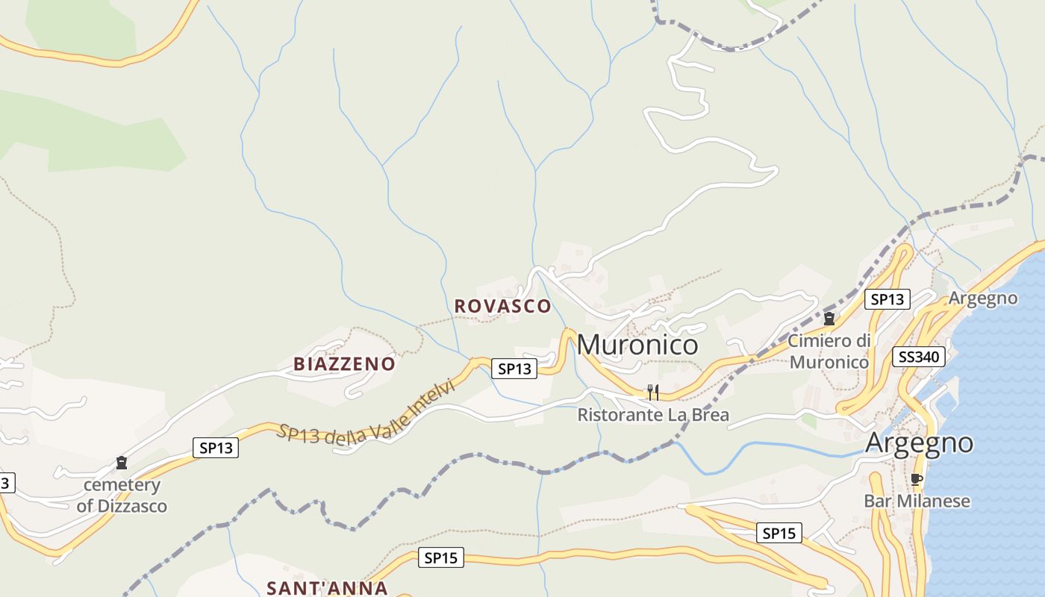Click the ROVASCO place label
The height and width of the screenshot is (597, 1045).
click(x=502, y=306)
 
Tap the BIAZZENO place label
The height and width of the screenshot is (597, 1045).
click(x=344, y=364)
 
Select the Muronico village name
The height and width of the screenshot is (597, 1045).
click(x=637, y=345)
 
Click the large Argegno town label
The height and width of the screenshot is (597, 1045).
click(x=919, y=443)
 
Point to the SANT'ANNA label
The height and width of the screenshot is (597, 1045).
click(x=328, y=588)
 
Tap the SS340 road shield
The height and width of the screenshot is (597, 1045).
click(x=918, y=357)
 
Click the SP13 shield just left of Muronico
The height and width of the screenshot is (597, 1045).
click(x=514, y=368)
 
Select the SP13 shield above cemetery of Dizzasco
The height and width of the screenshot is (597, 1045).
click(x=216, y=448)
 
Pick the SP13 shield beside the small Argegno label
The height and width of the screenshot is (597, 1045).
click(x=887, y=299)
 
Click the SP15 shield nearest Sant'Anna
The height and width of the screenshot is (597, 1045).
click(x=440, y=557)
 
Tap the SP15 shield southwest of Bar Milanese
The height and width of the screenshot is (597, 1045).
click(x=779, y=533)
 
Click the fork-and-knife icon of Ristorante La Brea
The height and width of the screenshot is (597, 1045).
click(x=653, y=392)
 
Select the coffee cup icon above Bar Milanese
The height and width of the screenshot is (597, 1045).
click(x=917, y=479)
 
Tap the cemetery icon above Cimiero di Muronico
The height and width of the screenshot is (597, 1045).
click(x=829, y=319)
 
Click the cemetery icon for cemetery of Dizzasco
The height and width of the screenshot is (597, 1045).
click(x=122, y=463)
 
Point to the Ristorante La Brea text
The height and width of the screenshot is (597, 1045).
click(x=653, y=415)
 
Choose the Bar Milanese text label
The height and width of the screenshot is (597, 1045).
click(x=917, y=501)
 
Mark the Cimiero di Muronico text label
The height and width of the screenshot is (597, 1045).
click(x=829, y=351)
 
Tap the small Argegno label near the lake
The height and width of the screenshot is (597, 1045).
click(x=982, y=298)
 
